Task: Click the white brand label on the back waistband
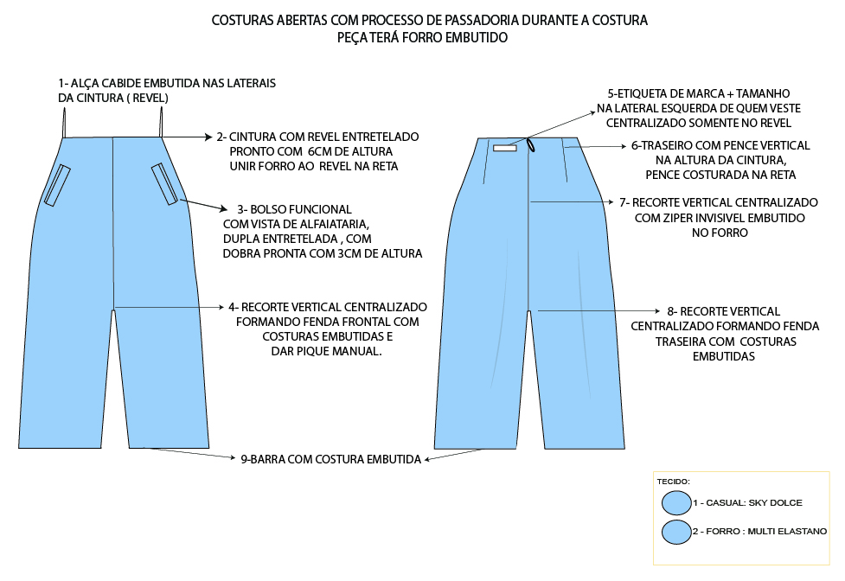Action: (x=504, y=149)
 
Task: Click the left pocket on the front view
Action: (x=57, y=185)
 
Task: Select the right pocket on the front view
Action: (x=164, y=183)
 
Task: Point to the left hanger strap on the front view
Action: (x=63, y=125)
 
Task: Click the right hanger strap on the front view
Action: (x=162, y=124)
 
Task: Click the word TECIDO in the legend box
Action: (x=672, y=480)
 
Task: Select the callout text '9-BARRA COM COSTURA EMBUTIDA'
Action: (x=330, y=460)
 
